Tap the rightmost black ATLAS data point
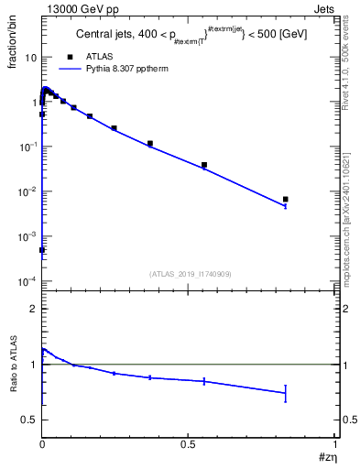coord(285,199)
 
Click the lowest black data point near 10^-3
coord(42,249)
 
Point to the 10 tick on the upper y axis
coord(30,57)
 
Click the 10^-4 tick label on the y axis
coord(27,280)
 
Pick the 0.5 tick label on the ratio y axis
coord(28,420)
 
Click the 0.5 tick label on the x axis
coord(189,444)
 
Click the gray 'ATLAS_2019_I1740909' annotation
coord(190,274)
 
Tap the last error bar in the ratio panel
coord(285,393)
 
